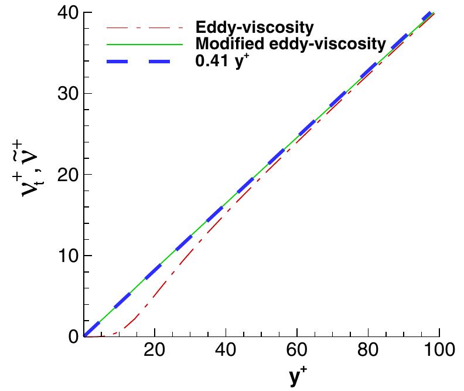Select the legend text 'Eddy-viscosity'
point(254,28)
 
